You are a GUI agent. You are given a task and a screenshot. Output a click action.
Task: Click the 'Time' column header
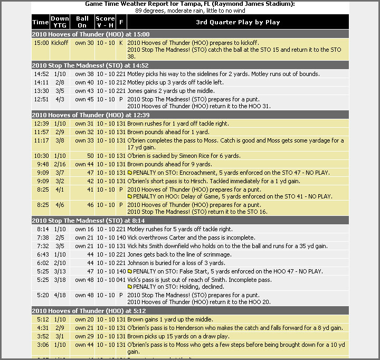pyautogui.click(x=41, y=22)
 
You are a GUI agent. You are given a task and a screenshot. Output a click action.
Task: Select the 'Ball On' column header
pyautogui.click(x=82, y=22)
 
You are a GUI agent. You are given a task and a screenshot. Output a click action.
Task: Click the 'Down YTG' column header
pyautogui.click(x=60, y=22)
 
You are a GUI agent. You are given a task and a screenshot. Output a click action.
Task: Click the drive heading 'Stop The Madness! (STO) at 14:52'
pyautogui.click(x=84, y=65)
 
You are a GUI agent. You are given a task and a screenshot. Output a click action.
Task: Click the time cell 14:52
pyautogui.click(x=41, y=74)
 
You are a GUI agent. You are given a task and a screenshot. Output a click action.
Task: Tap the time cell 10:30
pyautogui.click(x=41, y=156)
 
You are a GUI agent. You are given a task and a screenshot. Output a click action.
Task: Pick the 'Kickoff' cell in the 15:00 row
pyautogui.click(x=60, y=43)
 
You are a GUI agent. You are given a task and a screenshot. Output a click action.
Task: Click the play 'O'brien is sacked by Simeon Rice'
pyautogui.click(x=184, y=156)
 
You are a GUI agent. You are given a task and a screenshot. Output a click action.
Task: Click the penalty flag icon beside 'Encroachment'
pyautogui.click(x=130, y=173)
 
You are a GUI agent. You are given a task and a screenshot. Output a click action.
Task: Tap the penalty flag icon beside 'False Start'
pyautogui.click(x=130, y=271)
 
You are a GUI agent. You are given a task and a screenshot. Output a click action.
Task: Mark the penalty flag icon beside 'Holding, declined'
pyautogui.click(x=130, y=287)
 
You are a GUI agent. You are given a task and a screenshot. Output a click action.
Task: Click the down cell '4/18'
pyautogui.click(x=60, y=295)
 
